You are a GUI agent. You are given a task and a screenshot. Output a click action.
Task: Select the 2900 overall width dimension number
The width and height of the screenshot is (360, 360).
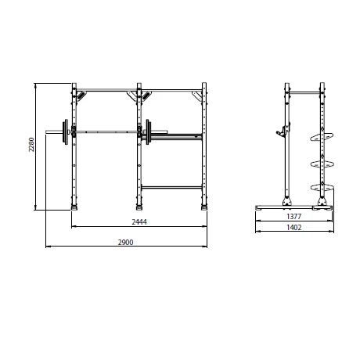[126, 242]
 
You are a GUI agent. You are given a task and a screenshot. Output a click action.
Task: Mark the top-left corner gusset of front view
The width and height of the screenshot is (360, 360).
[80, 95]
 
